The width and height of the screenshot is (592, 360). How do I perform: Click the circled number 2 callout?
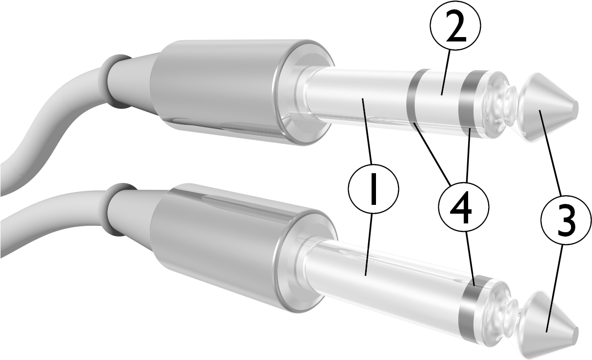pyautogui.click(x=455, y=29)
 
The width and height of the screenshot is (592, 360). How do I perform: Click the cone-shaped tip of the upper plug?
pyautogui.click(x=546, y=105)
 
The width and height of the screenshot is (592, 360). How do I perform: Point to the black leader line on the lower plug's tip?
pyautogui.click(x=550, y=317)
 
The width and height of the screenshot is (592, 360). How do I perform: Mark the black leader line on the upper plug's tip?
pyautogui.click(x=542, y=122)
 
